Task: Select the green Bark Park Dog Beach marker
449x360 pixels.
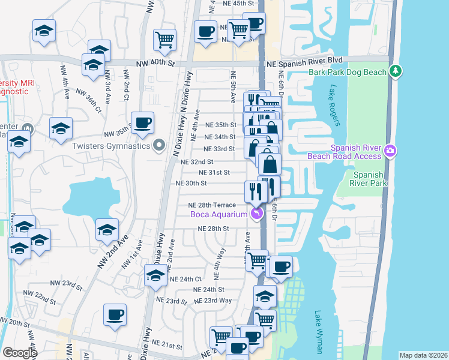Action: click(395, 71)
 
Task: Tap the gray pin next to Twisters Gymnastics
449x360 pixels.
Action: click(159, 145)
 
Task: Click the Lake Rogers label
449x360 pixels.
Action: click(334, 106)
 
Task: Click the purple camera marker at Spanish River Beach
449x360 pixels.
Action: click(391, 149)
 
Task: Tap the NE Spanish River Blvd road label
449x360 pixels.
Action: click(304, 60)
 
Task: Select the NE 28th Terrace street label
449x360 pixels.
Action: click(212, 205)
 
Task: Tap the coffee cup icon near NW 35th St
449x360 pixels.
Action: click(142, 123)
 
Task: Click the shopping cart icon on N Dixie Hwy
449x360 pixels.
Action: click(164, 40)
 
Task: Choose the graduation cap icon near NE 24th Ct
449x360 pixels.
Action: click(155, 276)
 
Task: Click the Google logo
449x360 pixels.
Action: click(20, 353)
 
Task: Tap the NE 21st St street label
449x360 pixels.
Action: click(167, 345)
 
